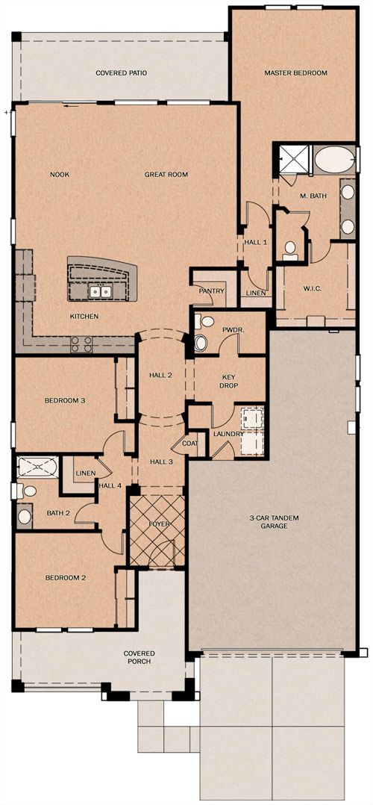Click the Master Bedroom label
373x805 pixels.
point(295,73)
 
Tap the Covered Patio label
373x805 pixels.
point(121,73)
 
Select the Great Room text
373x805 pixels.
point(166,175)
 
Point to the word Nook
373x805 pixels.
point(60,175)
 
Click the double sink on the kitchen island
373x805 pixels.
point(99,292)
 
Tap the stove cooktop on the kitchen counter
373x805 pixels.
point(81,344)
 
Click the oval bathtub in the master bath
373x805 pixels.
point(333,160)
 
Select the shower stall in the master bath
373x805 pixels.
point(294,161)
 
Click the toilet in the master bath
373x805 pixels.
point(290,250)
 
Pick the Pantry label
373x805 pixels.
point(212,291)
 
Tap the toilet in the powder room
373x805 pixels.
point(201,343)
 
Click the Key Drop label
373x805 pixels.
point(228,381)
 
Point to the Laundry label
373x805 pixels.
point(228,435)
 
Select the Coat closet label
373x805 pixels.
point(189,443)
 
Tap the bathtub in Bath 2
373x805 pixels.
point(39,467)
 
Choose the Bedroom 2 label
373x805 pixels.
point(65,577)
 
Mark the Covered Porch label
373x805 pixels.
point(139,657)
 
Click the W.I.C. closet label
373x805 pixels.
point(313,289)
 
